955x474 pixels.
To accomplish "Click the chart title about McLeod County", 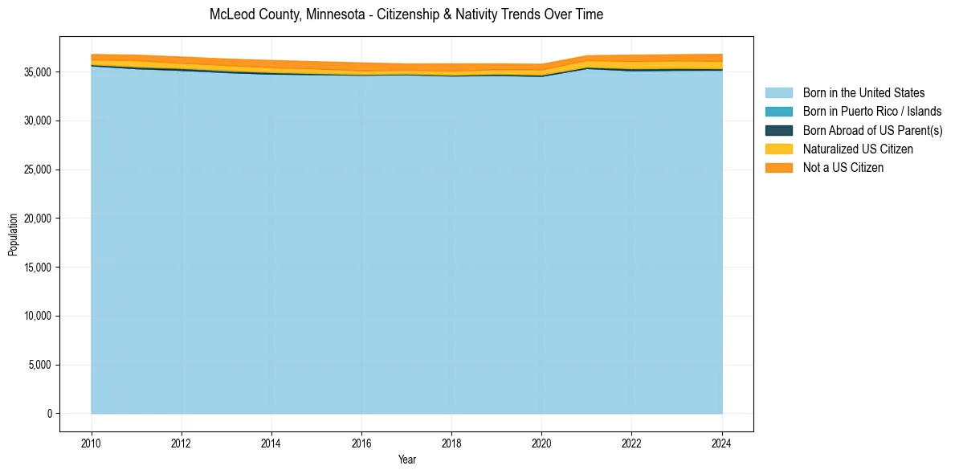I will [x=406, y=14].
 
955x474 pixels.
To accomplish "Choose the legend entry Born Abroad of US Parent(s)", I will [x=872, y=130].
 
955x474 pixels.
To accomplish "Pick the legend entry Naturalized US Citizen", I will [x=858, y=149].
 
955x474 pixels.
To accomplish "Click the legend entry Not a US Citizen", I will [x=843, y=167].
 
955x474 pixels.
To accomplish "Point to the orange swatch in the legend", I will [x=778, y=167].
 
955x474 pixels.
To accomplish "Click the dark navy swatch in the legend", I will [x=778, y=130].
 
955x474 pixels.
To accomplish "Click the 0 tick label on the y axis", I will [x=50, y=414].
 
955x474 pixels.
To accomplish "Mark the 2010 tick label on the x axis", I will [x=92, y=443].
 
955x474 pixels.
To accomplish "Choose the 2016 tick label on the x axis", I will [x=361, y=443].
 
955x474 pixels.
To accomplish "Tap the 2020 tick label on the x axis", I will [x=541, y=443].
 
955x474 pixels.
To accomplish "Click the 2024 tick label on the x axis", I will [x=722, y=443].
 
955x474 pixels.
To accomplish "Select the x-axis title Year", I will [x=406, y=460].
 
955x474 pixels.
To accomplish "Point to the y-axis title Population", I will [x=13, y=235].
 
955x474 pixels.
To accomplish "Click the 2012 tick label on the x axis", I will [x=182, y=443].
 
